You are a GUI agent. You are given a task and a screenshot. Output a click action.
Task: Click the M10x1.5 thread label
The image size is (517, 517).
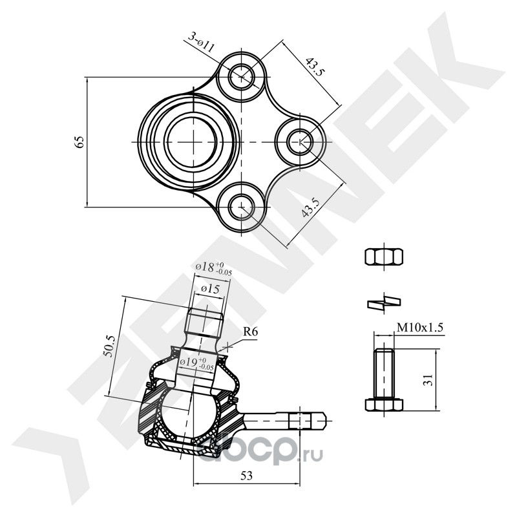point(419,328)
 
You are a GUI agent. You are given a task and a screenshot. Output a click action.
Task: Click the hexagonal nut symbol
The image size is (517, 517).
point(383,257)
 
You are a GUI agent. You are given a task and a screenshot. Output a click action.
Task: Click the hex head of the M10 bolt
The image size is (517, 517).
point(383,405)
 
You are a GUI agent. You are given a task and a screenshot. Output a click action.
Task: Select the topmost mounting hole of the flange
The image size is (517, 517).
point(242,76)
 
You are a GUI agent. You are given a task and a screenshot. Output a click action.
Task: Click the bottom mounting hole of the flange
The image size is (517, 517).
point(241,206)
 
